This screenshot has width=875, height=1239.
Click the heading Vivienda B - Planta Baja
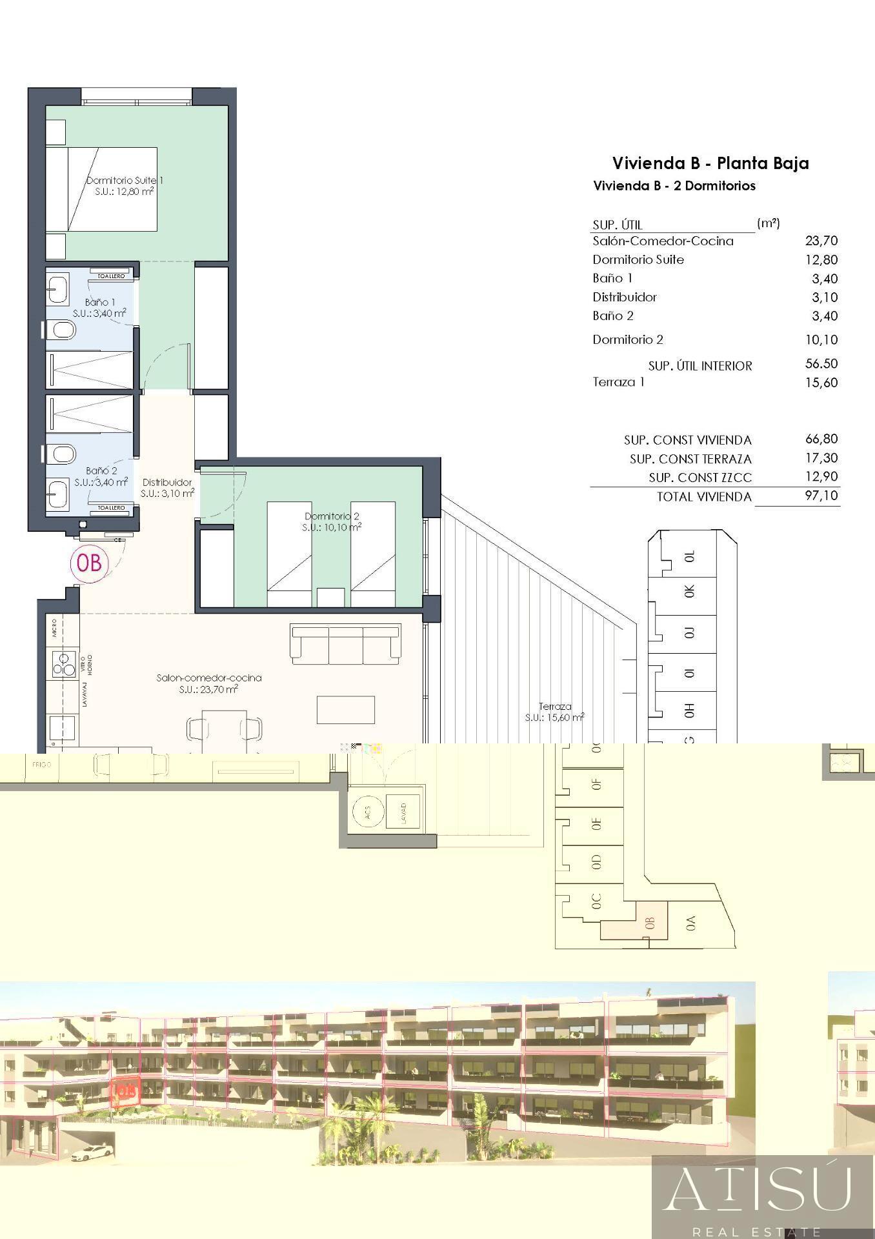pos(710,163)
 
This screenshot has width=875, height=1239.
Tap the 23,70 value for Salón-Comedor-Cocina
pos(821,241)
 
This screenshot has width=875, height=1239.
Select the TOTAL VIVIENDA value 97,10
pos(821,496)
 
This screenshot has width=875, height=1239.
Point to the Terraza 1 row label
pos(618,382)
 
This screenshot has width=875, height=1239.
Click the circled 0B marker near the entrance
pos(89,563)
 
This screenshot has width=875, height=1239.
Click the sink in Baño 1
pos(58,289)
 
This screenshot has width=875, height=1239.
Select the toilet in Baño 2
pos(61,455)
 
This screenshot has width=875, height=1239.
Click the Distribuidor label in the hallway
pos(167,483)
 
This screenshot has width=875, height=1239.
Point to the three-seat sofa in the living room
pos(345,643)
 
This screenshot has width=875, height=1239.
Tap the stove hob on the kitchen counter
pos(64,664)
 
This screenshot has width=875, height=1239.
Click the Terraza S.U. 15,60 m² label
pos(554,712)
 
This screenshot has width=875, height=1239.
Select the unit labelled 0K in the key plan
pos(689,591)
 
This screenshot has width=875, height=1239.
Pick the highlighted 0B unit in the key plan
pos(649,923)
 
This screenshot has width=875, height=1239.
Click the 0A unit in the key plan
pos(690,923)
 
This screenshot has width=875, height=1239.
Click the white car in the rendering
pos(90,1153)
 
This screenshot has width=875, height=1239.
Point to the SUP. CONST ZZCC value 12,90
pos(821,477)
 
